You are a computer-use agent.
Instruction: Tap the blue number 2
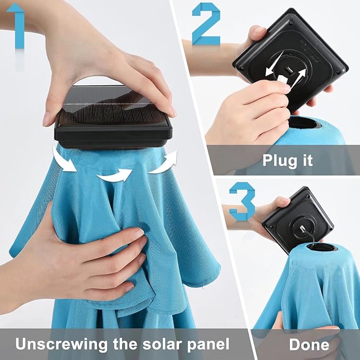(206, 24)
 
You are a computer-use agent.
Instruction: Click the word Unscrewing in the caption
(62, 345)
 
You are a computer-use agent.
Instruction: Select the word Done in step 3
(309, 345)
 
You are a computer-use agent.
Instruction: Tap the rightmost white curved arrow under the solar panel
(164, 163)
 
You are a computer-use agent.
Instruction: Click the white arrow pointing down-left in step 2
(275, 64)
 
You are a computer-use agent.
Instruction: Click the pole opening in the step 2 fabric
(304, 124)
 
